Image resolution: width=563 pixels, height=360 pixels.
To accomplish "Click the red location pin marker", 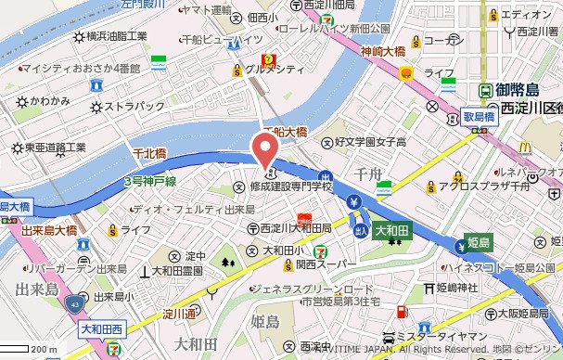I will coord(266,149).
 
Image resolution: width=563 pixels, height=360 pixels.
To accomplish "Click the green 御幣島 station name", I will coord(517,91).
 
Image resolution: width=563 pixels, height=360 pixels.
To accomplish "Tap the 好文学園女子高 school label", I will coord(370,143).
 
